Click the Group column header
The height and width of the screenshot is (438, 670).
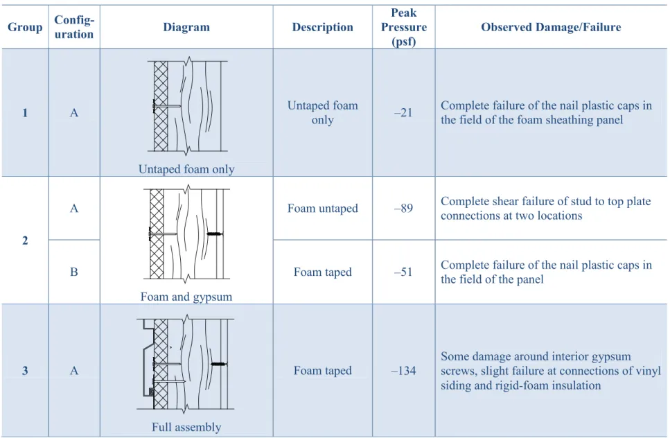tap(25, 27)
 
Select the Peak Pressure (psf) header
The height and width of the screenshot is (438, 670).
tap(404, 27)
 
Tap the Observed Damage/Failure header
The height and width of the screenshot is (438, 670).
tap(551, 27)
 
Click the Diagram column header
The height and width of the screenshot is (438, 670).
tap(186, 27)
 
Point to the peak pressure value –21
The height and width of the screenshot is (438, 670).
tap(404, 112)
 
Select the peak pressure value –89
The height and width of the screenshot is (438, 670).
tap(404, 208)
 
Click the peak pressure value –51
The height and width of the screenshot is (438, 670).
tap(404, 272)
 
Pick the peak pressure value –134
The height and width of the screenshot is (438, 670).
tap(404, 371)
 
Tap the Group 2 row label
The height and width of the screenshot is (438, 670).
tap(25, 240)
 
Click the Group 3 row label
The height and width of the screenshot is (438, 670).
tap(25, 371)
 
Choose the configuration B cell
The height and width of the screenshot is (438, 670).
tap(74, 272)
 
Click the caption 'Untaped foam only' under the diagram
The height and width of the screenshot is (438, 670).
tap(186, 169)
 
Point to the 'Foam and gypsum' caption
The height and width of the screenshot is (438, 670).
tap(186, 297)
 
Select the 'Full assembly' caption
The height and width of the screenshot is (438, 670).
tap(186, 427)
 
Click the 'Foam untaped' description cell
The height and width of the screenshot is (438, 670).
tap(323, 208)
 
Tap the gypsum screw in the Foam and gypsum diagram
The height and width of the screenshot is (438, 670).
tap(215, 234)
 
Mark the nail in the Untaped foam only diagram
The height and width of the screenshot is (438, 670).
tap(167, 106)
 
